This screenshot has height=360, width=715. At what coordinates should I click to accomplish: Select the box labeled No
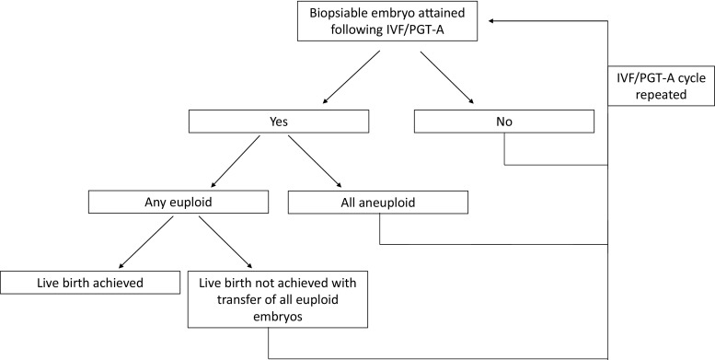505,121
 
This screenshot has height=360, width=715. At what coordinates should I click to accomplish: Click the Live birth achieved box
89,282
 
